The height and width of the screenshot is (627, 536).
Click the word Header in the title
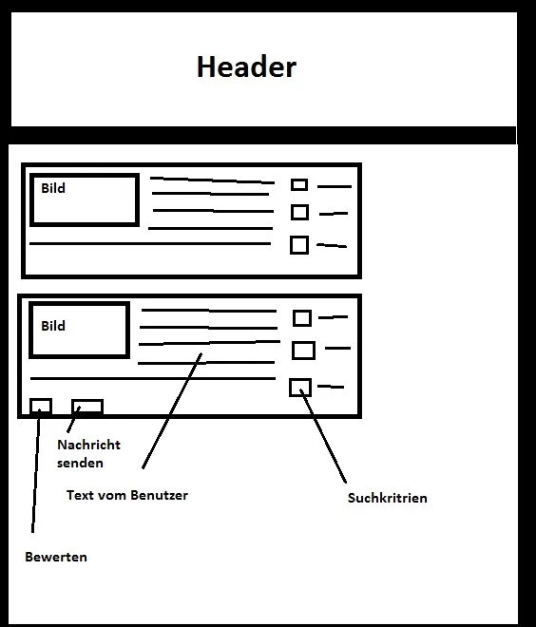[246, 66]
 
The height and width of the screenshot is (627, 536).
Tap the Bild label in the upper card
[53, 188]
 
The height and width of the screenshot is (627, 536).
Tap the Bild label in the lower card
[53, 326]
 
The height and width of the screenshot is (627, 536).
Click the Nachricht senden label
[88, 453]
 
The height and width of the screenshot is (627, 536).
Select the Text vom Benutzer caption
[127, 496]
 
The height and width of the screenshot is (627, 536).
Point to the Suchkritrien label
[387, 498]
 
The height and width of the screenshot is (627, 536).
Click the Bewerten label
[56, 557]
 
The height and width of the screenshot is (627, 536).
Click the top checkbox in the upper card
[299, 184]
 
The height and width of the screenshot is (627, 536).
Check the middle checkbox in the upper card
[299, 213]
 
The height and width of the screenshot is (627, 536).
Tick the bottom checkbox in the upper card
[299, 245]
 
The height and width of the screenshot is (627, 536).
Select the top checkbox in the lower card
[302, 318]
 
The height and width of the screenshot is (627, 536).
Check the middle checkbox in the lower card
[303, 351]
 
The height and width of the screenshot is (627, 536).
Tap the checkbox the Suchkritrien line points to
[300, 388]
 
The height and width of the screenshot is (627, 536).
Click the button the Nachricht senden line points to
[87, 407]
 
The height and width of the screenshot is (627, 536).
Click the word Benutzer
[160, 496]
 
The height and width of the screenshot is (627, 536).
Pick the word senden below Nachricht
[80, 463]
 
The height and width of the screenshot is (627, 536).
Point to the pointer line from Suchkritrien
[323, 436]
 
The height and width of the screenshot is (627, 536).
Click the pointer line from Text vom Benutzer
[172, 410]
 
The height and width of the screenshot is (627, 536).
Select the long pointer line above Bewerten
[36, 470]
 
